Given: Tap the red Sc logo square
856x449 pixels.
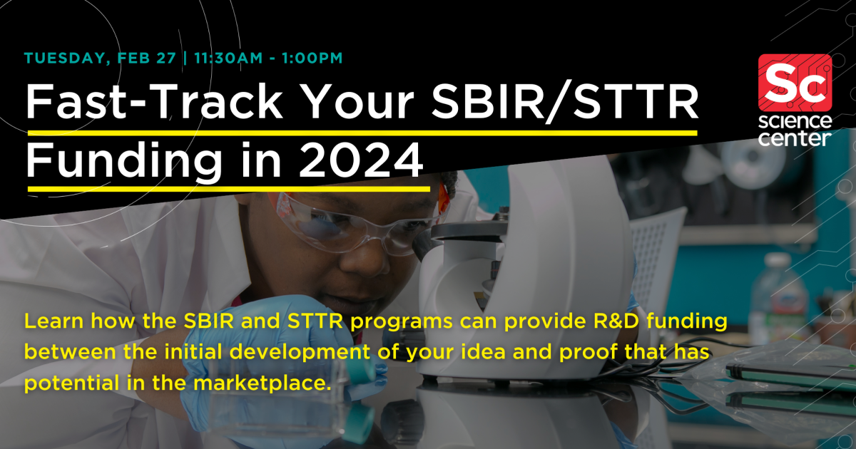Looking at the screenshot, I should pos(795,79).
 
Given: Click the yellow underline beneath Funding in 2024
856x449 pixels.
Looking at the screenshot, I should pos(228,188).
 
